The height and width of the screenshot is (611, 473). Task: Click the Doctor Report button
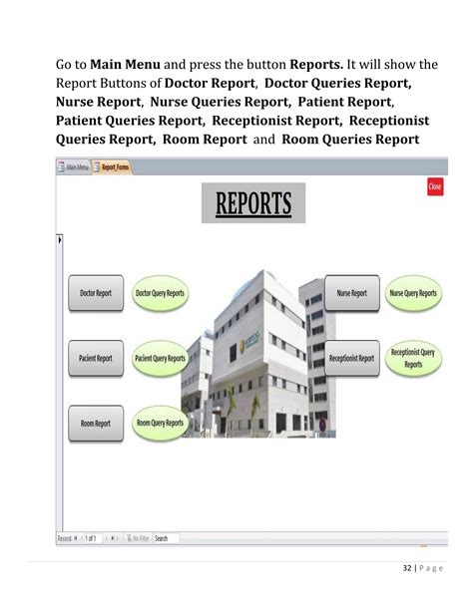(96, 294)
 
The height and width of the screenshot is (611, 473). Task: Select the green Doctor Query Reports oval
(160, 294)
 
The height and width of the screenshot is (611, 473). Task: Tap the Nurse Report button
(351, 294)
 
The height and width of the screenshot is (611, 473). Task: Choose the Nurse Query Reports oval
(413, 294)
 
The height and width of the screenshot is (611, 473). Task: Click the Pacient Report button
(96, 359)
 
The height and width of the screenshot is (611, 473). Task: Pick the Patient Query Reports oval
(160, 359)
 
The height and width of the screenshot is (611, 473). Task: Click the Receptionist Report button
(351, 359)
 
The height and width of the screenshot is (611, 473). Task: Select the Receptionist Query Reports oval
(413, 359)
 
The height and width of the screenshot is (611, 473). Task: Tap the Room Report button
(96, 424)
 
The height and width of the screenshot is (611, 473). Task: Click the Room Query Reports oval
(160, 424)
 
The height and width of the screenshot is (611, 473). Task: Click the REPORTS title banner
(253, 203)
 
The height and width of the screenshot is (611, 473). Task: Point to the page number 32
(407, 569)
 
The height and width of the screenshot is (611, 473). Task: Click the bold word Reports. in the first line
(317, 66)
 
